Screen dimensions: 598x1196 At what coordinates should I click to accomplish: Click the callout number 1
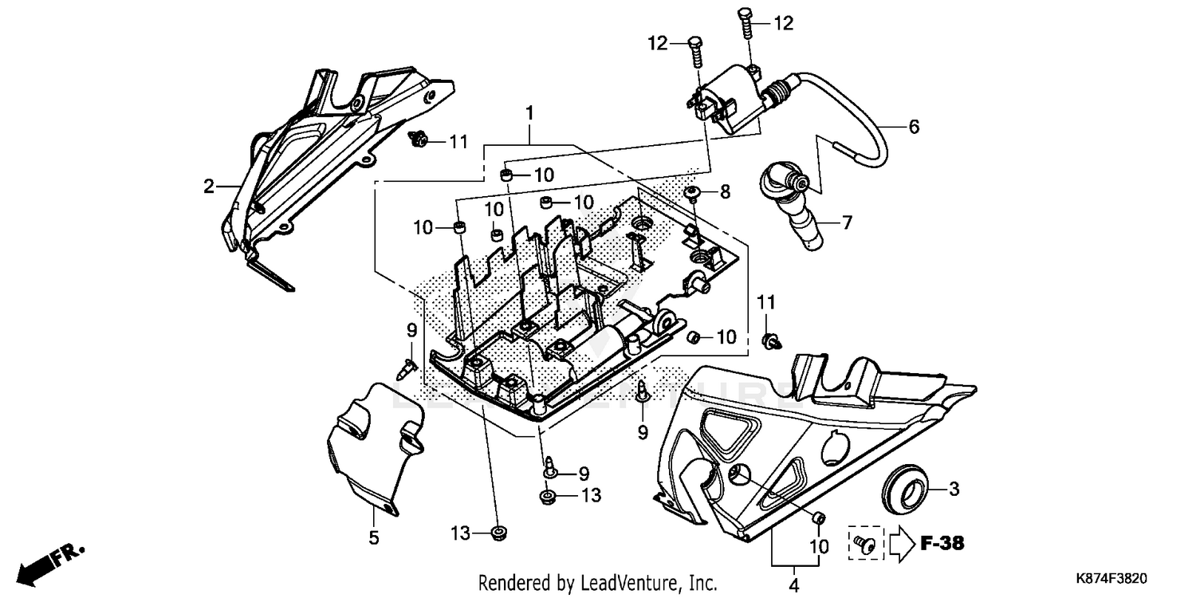point(528,115)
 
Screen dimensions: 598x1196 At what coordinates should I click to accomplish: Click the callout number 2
point(208,187)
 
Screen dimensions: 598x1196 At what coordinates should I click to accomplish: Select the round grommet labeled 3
point(906,487)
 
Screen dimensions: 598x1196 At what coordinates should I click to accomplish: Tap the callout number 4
point(793,585)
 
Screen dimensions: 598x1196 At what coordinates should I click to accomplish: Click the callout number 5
point(373,538)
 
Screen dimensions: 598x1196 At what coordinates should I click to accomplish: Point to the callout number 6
point(914,127)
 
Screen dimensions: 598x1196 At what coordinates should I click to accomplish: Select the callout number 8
point(725,191)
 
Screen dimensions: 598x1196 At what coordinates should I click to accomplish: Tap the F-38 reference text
point(942,545)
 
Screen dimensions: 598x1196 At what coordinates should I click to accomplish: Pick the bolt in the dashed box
point(864,543)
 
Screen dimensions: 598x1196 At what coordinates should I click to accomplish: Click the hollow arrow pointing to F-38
point(900,544)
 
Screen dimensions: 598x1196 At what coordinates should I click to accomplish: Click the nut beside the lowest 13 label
point(501,532)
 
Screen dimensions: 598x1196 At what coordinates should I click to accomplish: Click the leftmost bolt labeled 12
point(694,54)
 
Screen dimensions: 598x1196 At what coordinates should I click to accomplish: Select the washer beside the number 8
point(692,191)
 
